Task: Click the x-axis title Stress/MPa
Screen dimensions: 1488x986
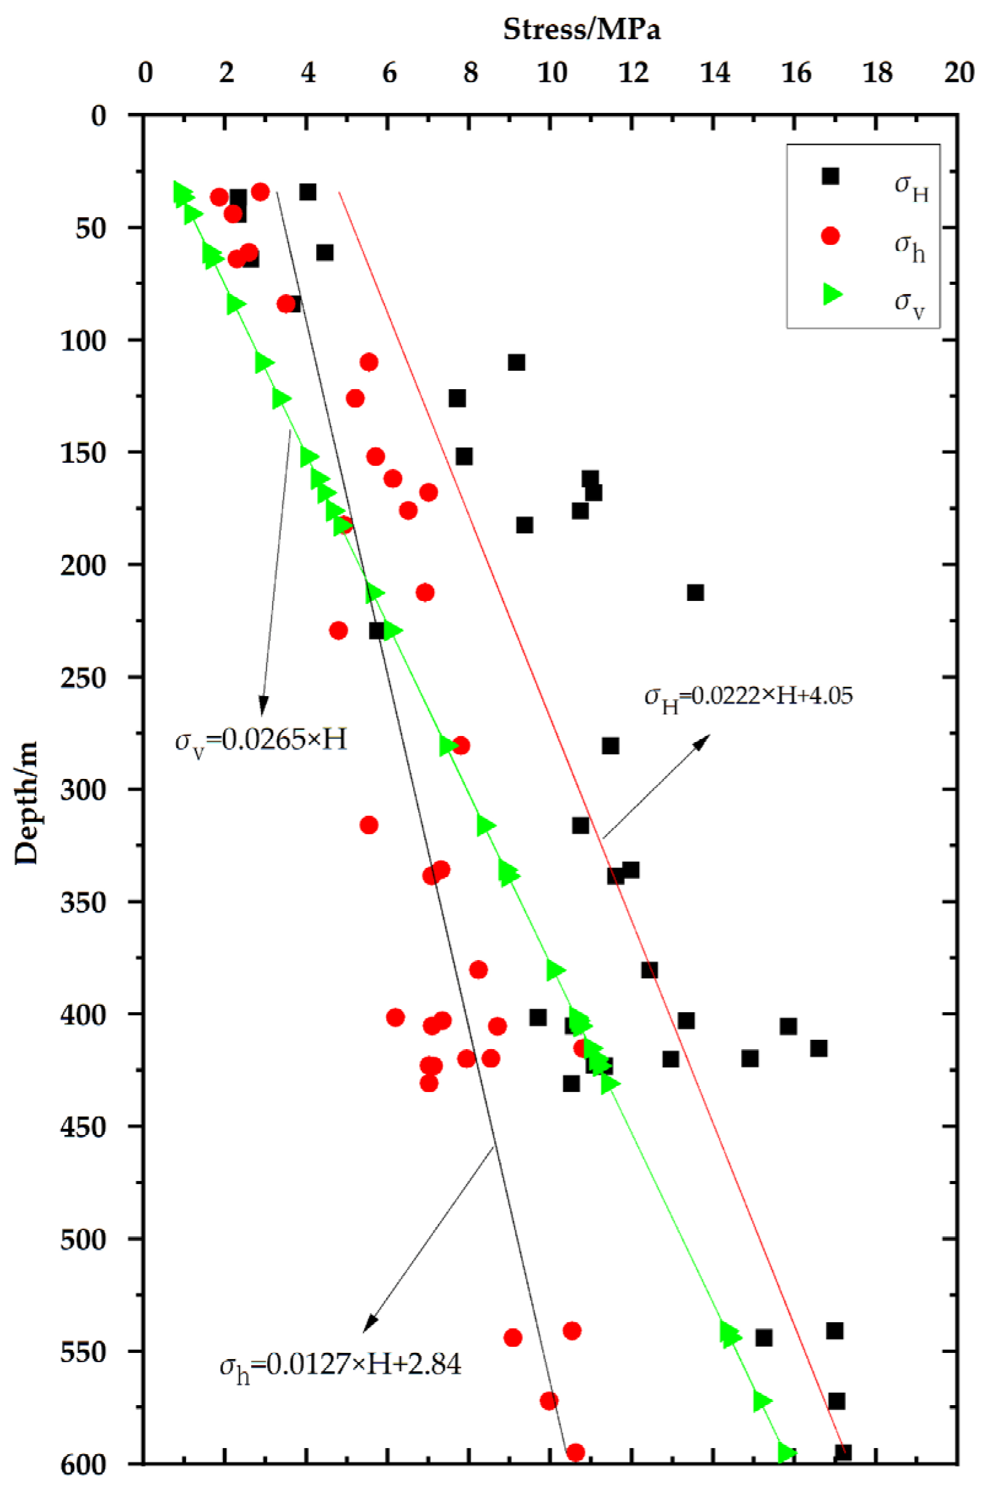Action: pyautogui.click(x=581, y=29)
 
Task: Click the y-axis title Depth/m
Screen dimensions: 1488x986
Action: pyautogui.click(x=26, y=803)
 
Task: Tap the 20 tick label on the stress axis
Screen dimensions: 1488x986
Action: pyautogui.click(x=959, y=73)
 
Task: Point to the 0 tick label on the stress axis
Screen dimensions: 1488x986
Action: pyautogui.click(x=146, y=73)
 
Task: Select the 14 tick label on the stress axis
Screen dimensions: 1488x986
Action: pyautogui.click(x=715, y=73)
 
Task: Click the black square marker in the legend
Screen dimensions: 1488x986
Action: pyautogui.click(x=831, y=176)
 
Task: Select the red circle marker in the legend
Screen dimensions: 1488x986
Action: pyautogui.click(x=831, y=236)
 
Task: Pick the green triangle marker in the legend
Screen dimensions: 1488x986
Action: pyautogui.click(x=832, y=293)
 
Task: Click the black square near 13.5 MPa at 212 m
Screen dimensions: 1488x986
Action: pyautogui.click(x=695, y=592)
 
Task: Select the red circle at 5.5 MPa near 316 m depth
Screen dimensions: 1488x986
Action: pyautogui.click(x=369, y=825)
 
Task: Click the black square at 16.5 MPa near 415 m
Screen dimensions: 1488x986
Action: pyautogui.click(x=818, y=1048)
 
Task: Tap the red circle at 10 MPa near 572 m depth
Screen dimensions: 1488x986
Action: pyautogui.click(x=549, y=1401)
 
